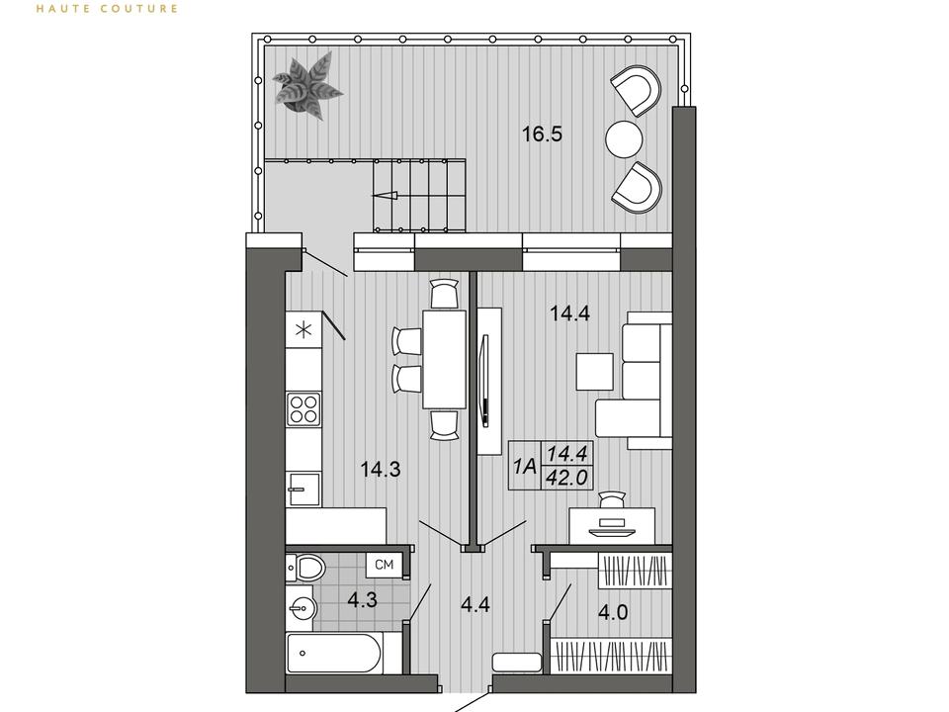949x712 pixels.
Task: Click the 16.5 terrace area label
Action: [543, 133]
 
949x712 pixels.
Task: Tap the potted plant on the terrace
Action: [306, 85]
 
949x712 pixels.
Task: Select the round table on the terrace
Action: [624, 139]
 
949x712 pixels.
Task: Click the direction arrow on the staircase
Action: [385, 195]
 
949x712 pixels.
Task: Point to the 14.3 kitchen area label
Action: [381, 469]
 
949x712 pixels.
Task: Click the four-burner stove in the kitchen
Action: [303, 408]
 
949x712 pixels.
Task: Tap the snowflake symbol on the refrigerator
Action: [302, 330]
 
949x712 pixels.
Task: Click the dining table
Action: [444, 359]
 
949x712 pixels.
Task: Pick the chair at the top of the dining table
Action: [444, 294]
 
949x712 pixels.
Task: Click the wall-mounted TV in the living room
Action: [483, 381]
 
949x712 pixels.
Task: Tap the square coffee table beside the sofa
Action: [595, 371]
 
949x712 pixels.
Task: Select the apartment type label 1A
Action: [525, 466]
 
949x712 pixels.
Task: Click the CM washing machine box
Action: [385, 566]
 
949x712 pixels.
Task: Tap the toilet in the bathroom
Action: [305, 568]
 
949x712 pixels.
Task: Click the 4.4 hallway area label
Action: [475, 604]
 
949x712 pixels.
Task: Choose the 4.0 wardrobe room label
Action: [613, 613]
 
